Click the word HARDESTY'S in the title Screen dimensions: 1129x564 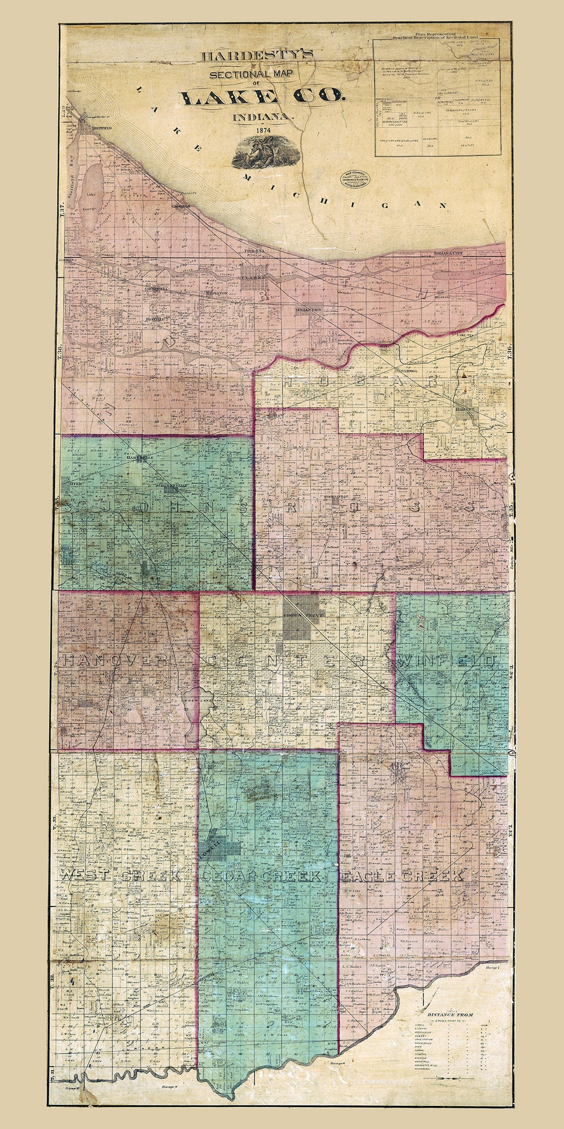pyautogui.click(x=257, y=56)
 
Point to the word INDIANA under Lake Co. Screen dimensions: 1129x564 pyautogui.click(x=260, y=114)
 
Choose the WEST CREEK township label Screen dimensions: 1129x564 pyautogui.click(x=120, y=875)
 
